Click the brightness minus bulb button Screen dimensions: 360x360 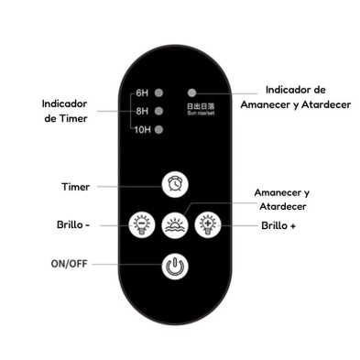[140, 224]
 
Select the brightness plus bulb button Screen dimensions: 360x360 [211, 224]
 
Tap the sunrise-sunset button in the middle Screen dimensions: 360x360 [175, 224]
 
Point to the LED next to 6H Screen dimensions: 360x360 [159, 93]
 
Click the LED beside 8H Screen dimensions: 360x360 [159, 111]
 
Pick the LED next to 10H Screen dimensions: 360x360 [159, 129]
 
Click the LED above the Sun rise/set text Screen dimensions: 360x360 [191, 93]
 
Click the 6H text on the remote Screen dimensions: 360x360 [141, 93]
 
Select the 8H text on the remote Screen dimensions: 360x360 [141, 111]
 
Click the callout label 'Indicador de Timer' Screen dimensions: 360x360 [65, 112]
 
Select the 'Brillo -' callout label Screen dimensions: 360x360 [72, 224]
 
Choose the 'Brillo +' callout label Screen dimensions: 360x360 [278, 224]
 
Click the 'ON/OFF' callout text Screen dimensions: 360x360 [71, 265]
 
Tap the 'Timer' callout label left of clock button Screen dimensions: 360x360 [75, 186]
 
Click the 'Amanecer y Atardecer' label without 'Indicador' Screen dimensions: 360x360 [280, 200]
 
